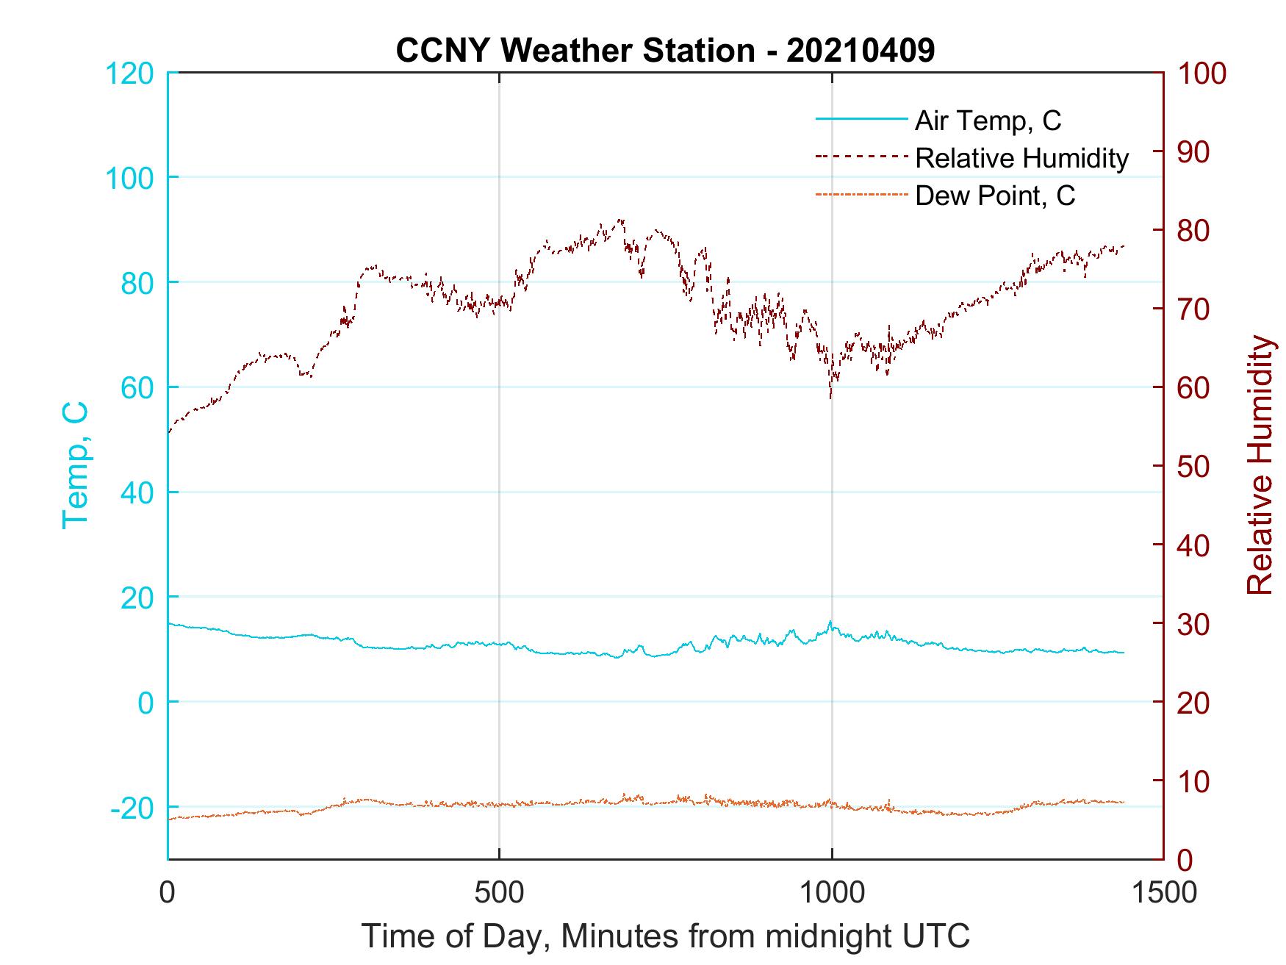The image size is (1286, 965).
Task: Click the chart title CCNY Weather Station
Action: pyautogui.click(x=665, y=51)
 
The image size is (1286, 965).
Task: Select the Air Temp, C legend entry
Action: pyautogui.click(x=988, y=120)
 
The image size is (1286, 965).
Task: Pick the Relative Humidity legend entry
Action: pyautogui.click(x=1021, y=158)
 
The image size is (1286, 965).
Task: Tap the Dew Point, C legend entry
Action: pyautogui.click(x=995, y=196)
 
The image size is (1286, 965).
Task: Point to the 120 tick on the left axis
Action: pyautogui.click(x=129, y=73)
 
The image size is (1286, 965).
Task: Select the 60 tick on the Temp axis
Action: pyautogui.click(x=137, y=388)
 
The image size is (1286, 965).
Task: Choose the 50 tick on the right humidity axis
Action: pyautogui.click(x=1194, y=467)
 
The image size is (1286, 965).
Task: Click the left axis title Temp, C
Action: pyautogui.click(x=75, y=465)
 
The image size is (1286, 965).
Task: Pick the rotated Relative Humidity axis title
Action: pyautogui.click(x=1260, y=465)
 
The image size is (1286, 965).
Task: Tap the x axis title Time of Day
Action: pyautogui.click(x=665, y=936)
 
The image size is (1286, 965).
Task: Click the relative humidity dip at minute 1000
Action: pyautogui.click(x=831, y=397)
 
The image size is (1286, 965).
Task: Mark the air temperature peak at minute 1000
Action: pyautogui.click(x=830, y=622)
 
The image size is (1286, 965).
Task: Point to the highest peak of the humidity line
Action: pyautogui.click(x=621, y=220)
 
